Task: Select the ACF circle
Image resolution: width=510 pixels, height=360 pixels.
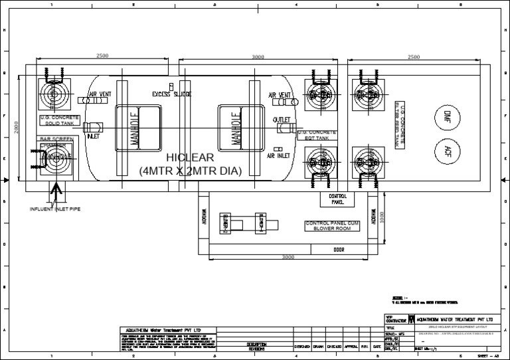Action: (448, 150)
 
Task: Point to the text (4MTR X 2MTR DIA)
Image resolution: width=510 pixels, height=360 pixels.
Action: (190, 171)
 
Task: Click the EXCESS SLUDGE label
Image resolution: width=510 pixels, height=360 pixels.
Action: (171, 94)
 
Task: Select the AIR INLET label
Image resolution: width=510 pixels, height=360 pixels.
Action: (280, 156)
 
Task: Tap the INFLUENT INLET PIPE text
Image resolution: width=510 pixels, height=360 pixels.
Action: (55, 209)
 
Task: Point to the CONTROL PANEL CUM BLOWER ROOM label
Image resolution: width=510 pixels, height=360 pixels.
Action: (332, 226)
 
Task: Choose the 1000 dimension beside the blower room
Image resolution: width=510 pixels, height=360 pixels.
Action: (382, 217)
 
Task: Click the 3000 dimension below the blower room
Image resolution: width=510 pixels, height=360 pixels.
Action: (287, 257)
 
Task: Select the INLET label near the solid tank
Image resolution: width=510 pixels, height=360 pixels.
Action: (93, 137)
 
